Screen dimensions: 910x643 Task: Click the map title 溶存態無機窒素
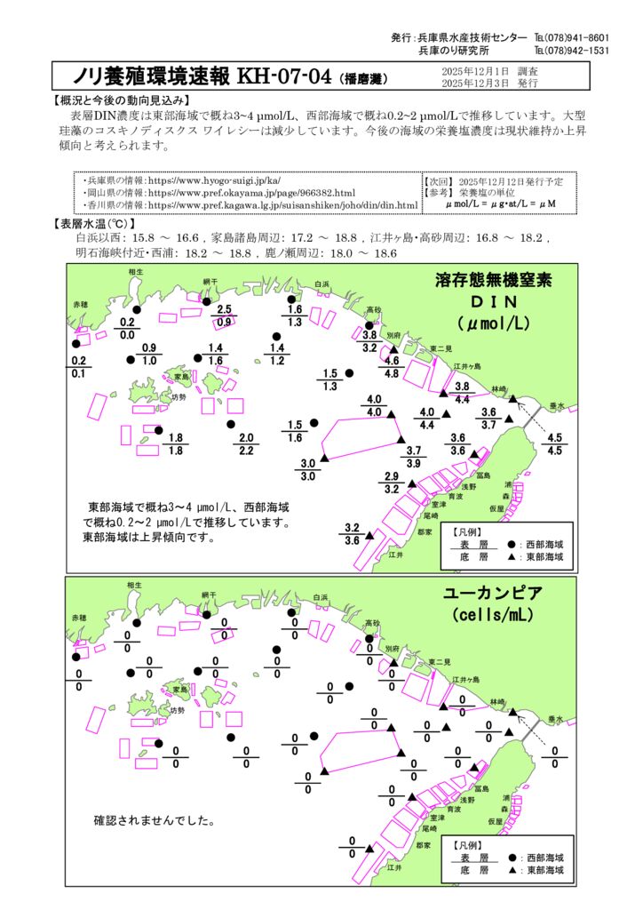tap(494, 281)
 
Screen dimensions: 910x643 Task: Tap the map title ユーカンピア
tap(494, 593)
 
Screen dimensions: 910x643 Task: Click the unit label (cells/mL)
tap(494, 615)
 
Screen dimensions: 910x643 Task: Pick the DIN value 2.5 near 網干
tap(225, 308)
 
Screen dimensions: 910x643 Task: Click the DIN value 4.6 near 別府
tap(391, 361)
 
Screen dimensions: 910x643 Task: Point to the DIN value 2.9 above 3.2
tap(392, 476)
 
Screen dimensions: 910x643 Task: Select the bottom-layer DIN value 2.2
tap(246, 451)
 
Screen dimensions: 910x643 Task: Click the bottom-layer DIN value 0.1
tap(78, 374)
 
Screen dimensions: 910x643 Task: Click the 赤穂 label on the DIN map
tap(80, 305)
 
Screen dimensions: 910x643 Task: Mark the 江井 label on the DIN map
tap(396, 554)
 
